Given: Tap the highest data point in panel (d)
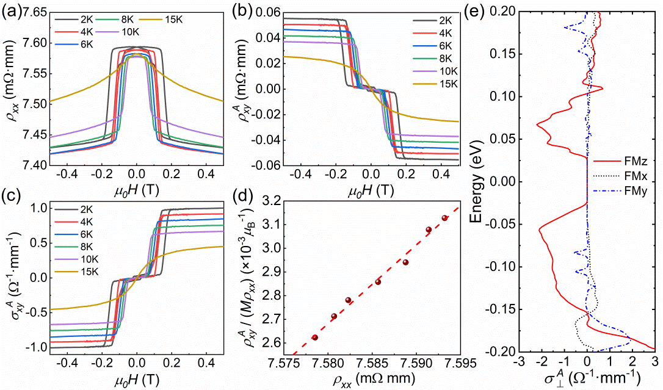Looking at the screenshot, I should (x=445, y=218).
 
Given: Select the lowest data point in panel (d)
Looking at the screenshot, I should (x=315, y=338).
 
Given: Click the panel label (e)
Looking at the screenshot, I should (x=486, y=10).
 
